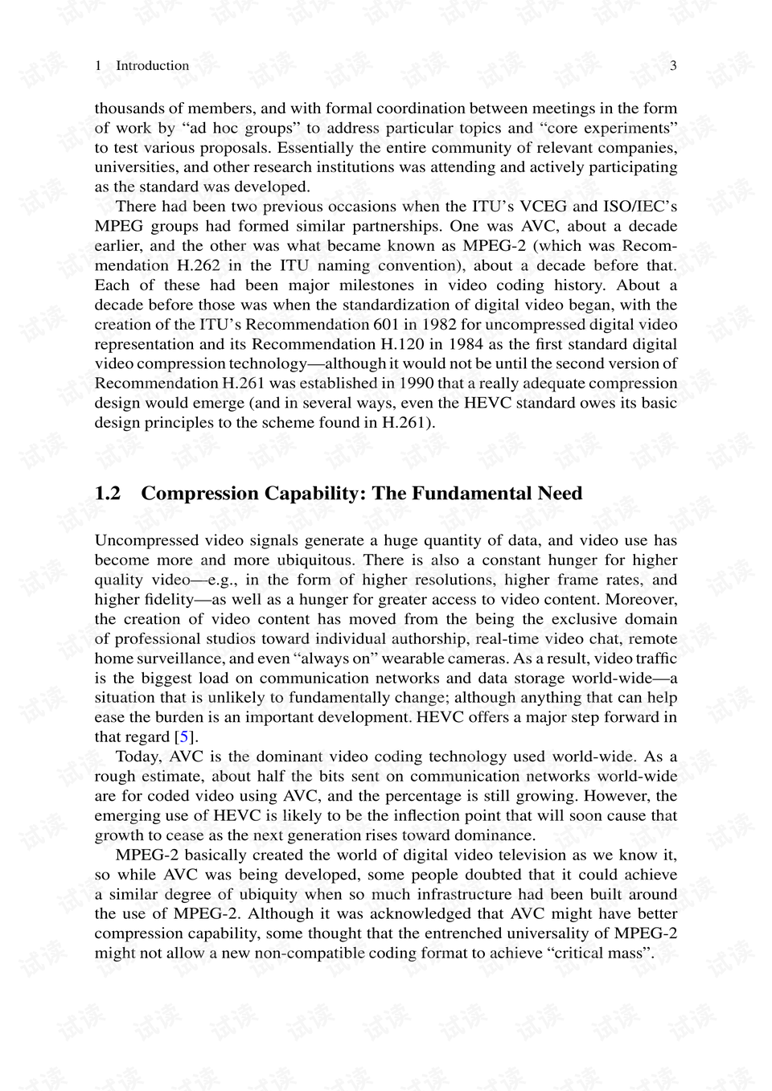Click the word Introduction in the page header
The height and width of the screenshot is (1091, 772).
click(x=152, y=66)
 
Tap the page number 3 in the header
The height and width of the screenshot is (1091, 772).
click(x=673, y=66)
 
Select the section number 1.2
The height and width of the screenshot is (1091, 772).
click(x=107, y=494)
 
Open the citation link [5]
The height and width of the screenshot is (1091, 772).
click(x=185, y=737)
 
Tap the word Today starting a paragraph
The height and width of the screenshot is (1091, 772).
click(x=138, y=757)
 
